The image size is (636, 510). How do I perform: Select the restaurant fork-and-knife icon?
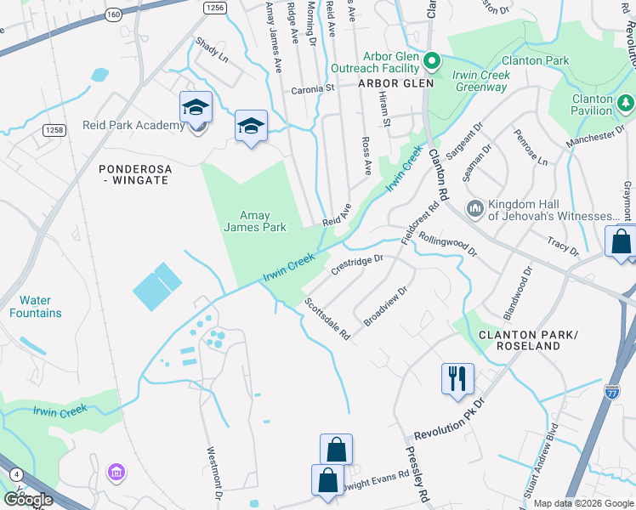tap(457, 377)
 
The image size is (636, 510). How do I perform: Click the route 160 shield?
tap(114, 15)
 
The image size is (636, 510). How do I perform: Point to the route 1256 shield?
tap(215, 6)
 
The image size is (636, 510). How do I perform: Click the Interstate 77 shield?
tap(613, 391)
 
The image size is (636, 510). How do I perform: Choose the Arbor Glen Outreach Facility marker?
tap(432, 60)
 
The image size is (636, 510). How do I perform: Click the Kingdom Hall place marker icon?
tap(474, 208)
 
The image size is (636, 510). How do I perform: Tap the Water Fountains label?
tap(41, 307)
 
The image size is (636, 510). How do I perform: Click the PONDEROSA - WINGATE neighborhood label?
tap(135, 175)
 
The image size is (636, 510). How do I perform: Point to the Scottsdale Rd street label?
tap(327, 319)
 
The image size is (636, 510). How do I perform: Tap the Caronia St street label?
tap(315, 88)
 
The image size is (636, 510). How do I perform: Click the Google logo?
tap(29, 499)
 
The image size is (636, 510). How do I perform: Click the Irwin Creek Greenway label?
tap(481, 81)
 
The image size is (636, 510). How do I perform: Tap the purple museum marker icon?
tap(116, 471)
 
